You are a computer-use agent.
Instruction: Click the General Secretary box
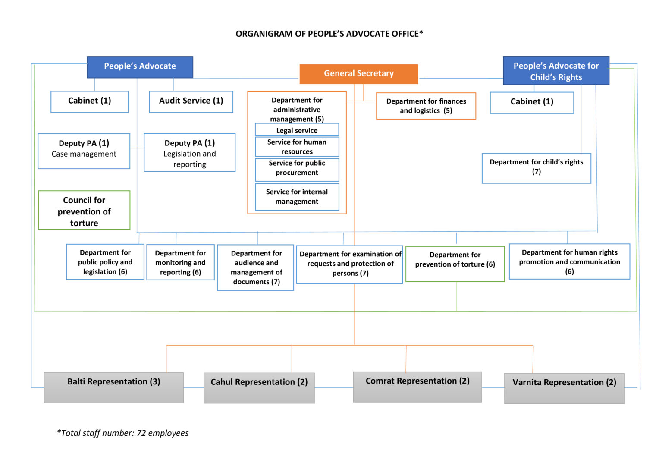click(x=359, y=74)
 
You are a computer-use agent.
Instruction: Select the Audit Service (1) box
click(x=191, y=101)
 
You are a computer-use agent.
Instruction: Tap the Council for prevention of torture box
click(x=84, y=210)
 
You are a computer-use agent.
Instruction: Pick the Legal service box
click(x=297, y=129)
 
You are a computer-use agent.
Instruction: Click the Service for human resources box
click(x=297, y=147)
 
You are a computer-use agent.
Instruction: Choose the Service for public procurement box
click(x=297, y=170)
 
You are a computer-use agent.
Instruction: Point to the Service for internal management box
click(x=297, y=197)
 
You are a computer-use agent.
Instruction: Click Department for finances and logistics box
click(x=426, y=106)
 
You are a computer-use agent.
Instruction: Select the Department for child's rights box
click(x=537, y=168)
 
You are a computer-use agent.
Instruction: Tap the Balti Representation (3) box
click(x=114, y=387)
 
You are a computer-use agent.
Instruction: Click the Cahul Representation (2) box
click(x=259, y=388)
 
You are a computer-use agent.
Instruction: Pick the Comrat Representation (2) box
click(x=417, y=387)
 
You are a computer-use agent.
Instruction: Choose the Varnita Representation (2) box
click(x=564, y=388)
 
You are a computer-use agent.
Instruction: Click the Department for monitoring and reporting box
click(x=180, y=262)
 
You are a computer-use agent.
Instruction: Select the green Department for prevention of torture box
click(x=455, y=264)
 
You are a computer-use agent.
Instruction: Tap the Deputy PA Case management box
click(x=84, y=151)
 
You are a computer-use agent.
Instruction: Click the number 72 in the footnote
click(x=141, y=433)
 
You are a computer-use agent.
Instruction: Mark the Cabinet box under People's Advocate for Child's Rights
click(x=532, y=102)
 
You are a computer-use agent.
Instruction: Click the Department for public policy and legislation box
click(x=105, y=261)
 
